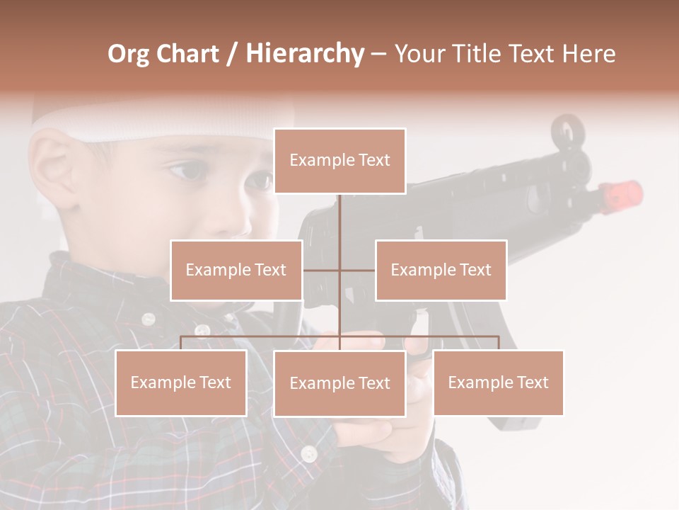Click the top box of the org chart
[339, 161]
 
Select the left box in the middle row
[236, 270]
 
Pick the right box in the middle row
[441, 270]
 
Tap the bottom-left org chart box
[181, 382]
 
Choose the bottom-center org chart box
[339, 383]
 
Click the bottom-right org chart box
[498, 382]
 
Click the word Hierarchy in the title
[305, 54]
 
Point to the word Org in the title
[128, 54]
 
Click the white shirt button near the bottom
[308, 453]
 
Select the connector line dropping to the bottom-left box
[181, 343]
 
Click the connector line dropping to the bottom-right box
[498, 343]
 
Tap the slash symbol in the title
[232, 54]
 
